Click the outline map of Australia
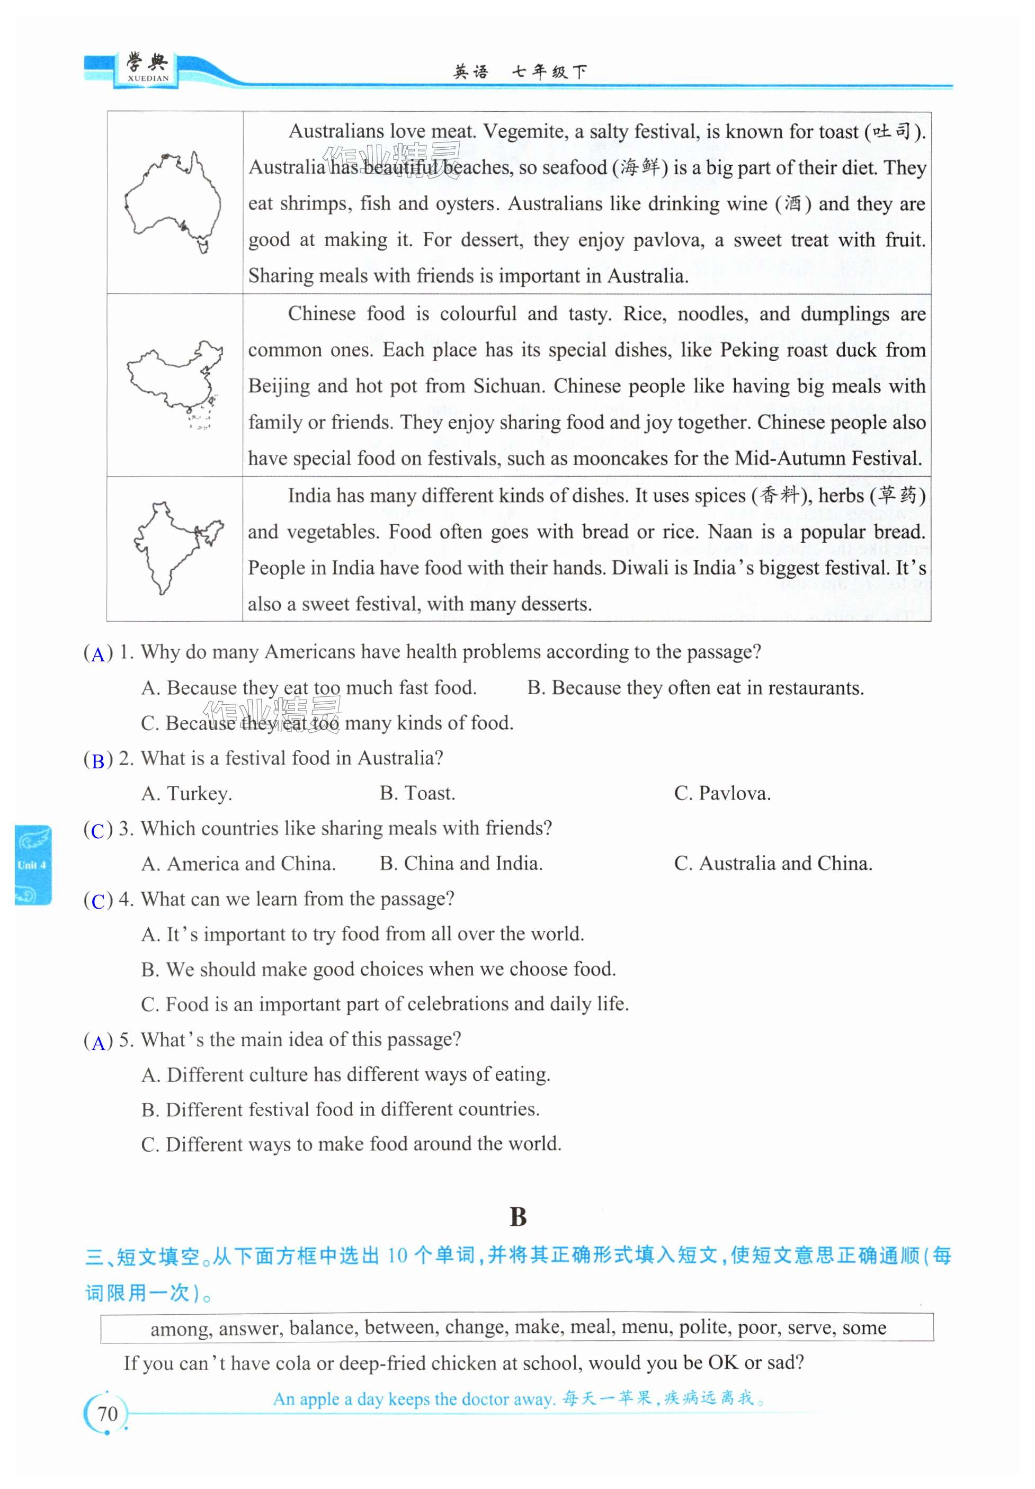(173, 201)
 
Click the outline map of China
(174, 382)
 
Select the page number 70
(107, 1413)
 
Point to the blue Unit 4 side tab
(32, 865)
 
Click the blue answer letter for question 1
(98, 654)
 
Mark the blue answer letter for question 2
(98, 760)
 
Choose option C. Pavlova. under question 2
(722, 793)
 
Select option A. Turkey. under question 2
(187, 793)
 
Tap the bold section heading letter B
(517, 1217)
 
